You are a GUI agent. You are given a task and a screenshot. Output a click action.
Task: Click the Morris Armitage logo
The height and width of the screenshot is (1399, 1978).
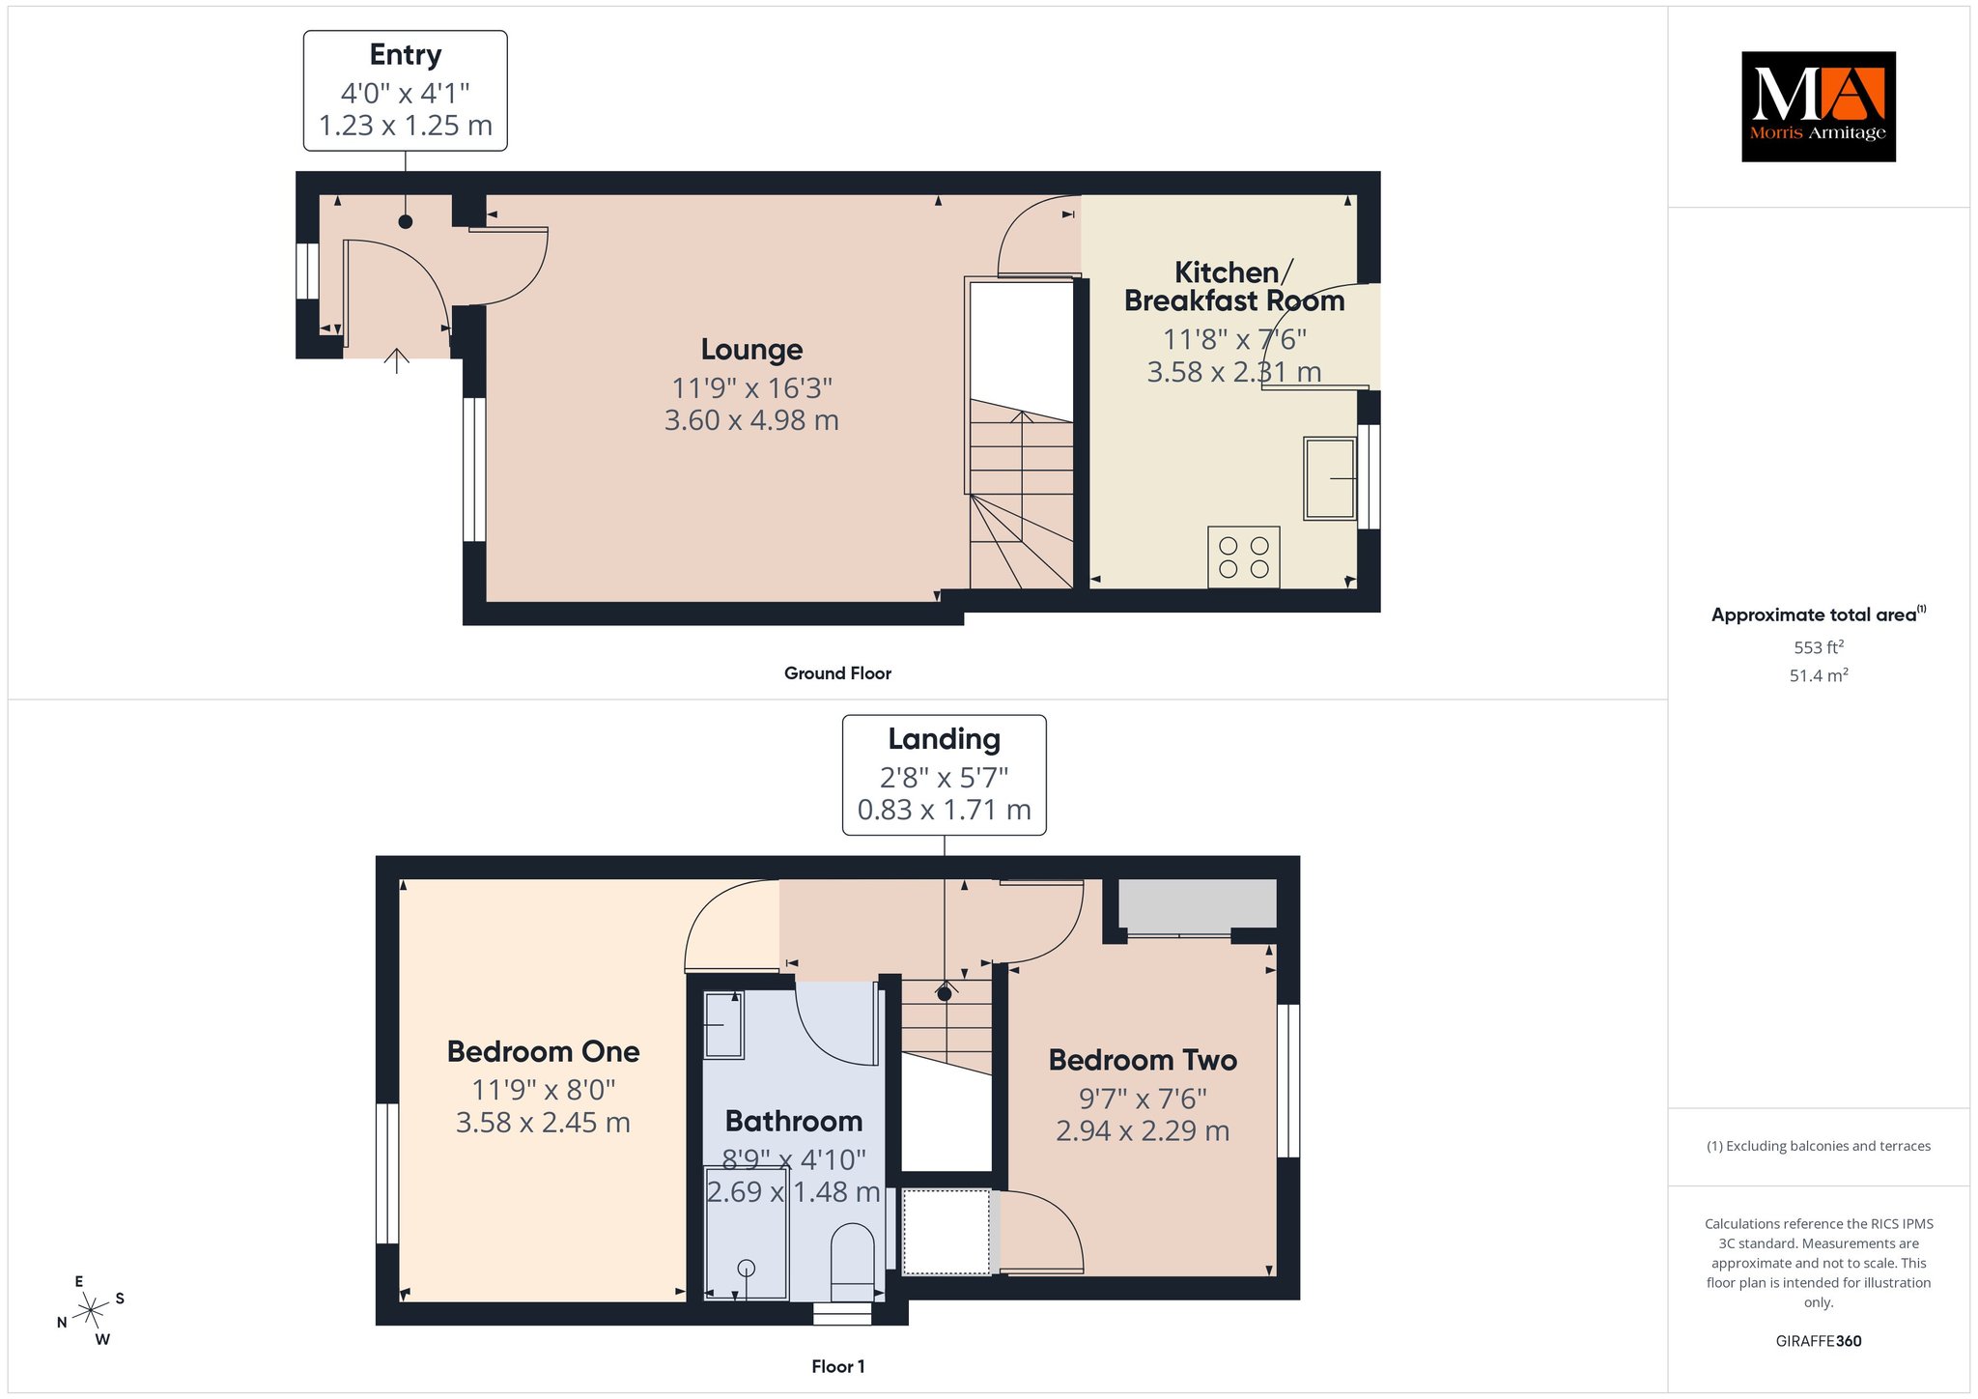[x=1818, y=106]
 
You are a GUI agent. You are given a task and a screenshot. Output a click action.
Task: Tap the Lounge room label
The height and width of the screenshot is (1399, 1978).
[x=751, y=350]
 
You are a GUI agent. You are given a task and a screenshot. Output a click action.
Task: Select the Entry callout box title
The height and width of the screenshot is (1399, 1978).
[x=406, y=55]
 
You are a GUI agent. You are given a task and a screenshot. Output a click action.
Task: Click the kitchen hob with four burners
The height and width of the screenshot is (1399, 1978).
[x=1244, y=557]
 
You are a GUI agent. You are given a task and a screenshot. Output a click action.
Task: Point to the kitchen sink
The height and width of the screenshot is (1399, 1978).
[x=1330, y=478]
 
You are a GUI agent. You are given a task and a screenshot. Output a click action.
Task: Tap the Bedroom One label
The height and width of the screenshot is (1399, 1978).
[x=543, y=1051]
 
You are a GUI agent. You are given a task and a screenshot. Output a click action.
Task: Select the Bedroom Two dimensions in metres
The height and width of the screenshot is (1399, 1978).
[x=1143, y=1131]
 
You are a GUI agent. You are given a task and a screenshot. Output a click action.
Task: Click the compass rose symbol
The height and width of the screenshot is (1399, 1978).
[x=91, y=1310]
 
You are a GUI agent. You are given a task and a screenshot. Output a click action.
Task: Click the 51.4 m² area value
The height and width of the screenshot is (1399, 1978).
[x=1819, y=675]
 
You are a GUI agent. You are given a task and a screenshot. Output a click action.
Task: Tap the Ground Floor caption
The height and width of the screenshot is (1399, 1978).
[x=837, y=673]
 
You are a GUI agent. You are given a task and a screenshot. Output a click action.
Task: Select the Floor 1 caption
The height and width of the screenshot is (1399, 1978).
[x=838, y=1366]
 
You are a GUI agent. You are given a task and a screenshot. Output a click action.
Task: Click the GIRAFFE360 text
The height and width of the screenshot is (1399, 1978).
[x=1819, y=1341]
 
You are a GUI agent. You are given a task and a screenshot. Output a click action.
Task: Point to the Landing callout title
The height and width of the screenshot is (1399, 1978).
[x=945, y=739]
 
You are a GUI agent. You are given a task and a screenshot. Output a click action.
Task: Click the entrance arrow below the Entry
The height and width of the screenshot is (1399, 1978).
[x=397, y=360]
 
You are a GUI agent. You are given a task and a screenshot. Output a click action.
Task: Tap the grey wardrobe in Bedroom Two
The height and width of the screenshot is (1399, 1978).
[x=1198, y=904]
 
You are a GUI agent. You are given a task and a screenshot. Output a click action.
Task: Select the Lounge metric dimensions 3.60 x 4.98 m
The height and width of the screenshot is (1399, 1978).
[x=751, y=420]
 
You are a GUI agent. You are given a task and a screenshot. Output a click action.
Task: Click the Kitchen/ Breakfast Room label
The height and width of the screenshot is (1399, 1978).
[x=1234, y=287]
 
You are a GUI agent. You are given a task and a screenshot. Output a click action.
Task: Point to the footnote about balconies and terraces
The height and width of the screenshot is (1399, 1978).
[x=1819, y=1146]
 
